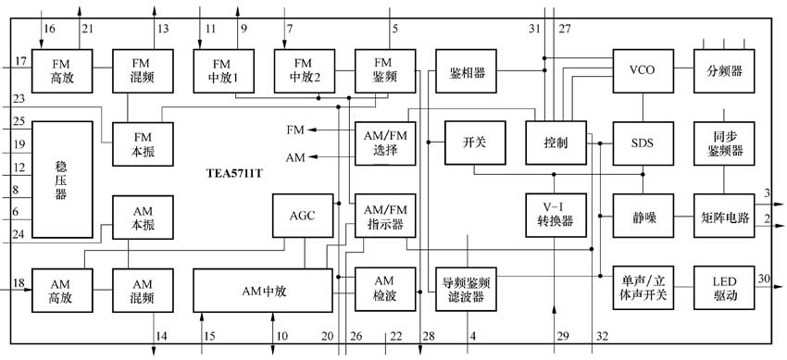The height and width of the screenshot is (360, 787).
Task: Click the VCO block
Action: (642, 70)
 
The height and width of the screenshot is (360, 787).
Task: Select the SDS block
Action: (642, 143)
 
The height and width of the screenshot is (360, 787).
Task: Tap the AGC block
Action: (302, 216)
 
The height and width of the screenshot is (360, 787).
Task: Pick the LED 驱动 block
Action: (724, 289)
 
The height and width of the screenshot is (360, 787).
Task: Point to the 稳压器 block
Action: (62, 180)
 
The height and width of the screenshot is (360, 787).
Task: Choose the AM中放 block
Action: (261, 290)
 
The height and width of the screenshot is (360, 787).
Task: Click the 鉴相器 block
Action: (467, 71)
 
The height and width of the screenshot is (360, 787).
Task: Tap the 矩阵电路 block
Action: (724, 217)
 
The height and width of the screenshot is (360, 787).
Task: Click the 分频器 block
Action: (724, 70)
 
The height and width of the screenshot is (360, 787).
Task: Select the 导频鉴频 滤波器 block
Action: (467, 289)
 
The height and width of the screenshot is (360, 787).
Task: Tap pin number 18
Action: (19, 283)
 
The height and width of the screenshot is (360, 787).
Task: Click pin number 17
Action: (20, 62)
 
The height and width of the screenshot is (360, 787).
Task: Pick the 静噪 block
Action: (642, 217)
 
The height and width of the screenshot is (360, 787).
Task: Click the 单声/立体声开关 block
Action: (642, 289)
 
